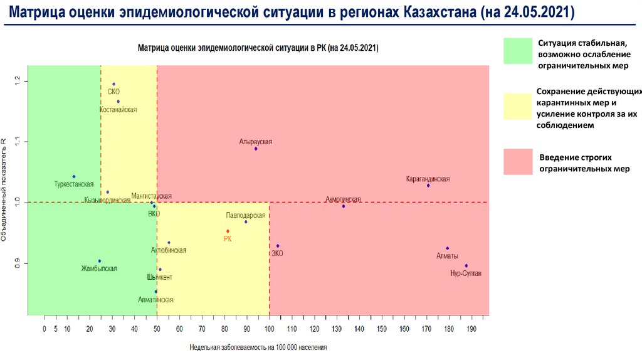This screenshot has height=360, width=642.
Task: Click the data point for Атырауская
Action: (x=256, y=149)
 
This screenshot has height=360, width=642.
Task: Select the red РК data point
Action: (x=228, y=231)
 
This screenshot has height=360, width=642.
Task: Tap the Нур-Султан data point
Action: (x=466, y=265)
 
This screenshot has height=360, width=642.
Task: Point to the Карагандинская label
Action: (x=428, y=179)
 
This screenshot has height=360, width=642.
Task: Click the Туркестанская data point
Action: (x=74, y=177)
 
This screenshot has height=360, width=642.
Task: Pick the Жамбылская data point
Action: (x=99, y=261)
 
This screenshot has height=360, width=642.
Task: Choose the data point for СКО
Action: (x=113, y=84)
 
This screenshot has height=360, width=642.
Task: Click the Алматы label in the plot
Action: (x=447, y=256)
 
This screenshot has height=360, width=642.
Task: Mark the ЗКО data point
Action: (x=278, y=246)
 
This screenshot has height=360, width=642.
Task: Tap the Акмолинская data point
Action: (x=344, y=206)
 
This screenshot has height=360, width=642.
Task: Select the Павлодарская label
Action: (x=246, y=214)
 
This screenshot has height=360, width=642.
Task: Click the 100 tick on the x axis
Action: (x=270, y=329)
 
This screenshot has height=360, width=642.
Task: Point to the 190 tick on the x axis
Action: (x=472, y=329)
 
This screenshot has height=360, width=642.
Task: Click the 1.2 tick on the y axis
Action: (x=18, y=81)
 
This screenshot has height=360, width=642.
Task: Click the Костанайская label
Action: (x=118, y=110)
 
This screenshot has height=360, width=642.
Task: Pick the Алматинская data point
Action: (x=156, y=292)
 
